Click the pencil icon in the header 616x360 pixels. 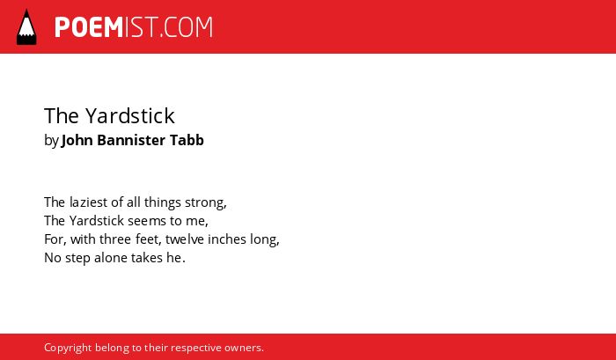click(26, 27)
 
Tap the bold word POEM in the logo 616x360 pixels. click(89, 27)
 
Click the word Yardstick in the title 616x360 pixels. click(130, 116)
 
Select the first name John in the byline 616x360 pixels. click(77, 140)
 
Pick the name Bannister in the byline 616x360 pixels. click(131, 140)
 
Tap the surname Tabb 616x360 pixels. click(187, 140)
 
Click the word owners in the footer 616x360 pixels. click(242, 349)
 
